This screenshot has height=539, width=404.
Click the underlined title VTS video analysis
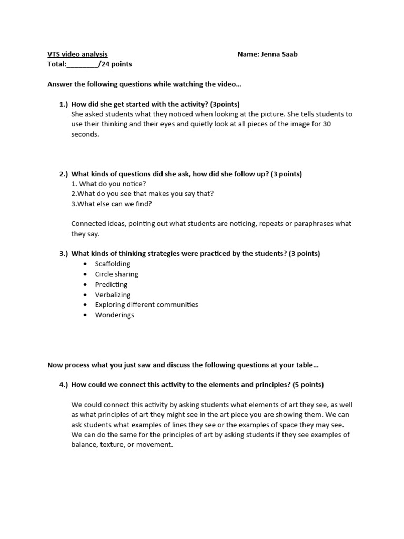point(77,54)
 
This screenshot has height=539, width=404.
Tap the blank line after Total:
point(83,64)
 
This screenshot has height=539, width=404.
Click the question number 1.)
point(64,104)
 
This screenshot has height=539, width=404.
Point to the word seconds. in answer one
point(85,134)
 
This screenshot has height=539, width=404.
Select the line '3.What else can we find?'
point(111,204)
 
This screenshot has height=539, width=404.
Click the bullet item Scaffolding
point(113,264)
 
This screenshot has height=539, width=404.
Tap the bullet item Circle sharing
point(116,274)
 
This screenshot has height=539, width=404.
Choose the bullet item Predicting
point(111,284)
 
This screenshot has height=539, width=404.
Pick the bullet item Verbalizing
point(113,295)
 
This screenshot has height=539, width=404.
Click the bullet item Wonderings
point(114,315)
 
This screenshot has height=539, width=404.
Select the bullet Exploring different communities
point(146,305)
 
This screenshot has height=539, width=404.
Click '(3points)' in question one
point(225,104)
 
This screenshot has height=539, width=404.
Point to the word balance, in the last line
point(85,445)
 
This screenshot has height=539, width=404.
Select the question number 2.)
point(64,174)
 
